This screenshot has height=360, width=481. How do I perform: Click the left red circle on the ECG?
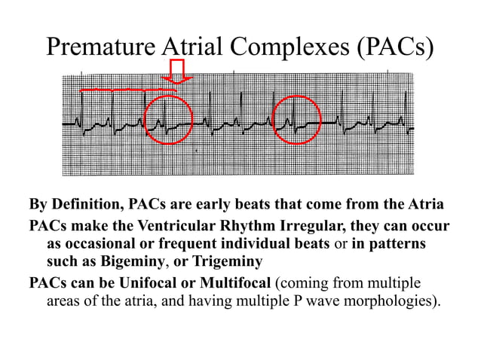click(168, 120)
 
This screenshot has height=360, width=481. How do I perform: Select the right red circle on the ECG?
click(297, 120)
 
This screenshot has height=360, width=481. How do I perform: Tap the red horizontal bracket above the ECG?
click(128, 90)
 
